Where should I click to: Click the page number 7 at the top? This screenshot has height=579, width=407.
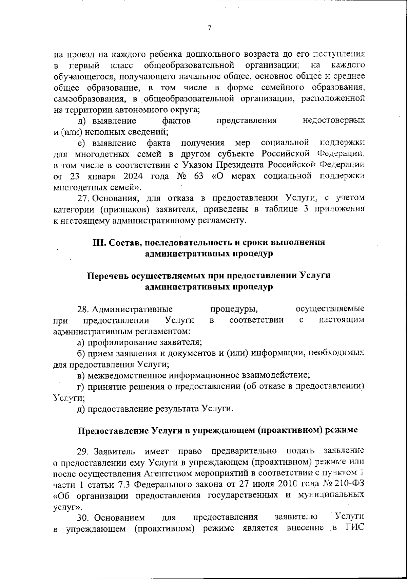209,29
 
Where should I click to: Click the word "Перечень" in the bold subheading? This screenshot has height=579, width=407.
107,276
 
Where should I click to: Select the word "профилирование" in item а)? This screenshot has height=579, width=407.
115,342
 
